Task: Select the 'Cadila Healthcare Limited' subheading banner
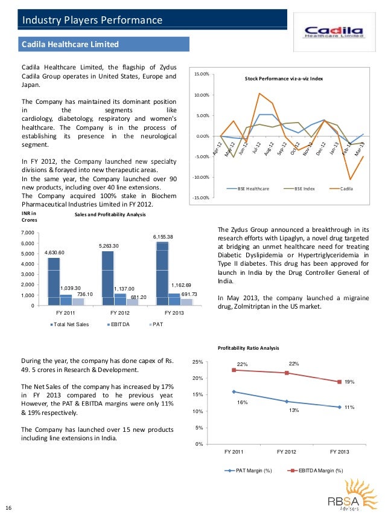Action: pyautogui.click(x=70, y=45)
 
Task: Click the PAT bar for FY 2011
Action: pyautogui.click(x=78, y=301)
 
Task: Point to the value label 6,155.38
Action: pyautogui.click(x=163, y=236)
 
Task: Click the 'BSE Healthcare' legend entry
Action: pyautogui.click(x=253, y=189)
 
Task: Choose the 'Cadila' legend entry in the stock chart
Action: pyautogui.click(x=346, y=189)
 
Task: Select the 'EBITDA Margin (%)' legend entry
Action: pyautogui.click(x=319, y=470)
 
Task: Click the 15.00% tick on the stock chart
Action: pyautogui.click(x=201, y=74)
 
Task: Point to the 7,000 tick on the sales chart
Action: pyautogui.click(x=27, y=233)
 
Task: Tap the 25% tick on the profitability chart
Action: pyautogui.click(x=197, y=362)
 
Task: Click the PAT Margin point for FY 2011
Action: pyautogui.click(x=233, y=391)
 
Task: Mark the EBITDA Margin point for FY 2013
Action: pyautogui.click(x=339, y=381)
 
